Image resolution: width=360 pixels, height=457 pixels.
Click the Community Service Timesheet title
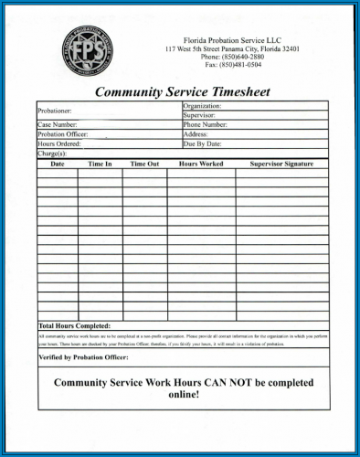tap(183, 91)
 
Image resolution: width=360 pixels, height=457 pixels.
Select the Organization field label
tap(203, 106)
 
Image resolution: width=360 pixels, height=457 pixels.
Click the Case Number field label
tap(58, 124)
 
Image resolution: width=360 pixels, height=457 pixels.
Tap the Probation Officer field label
tap(62, 134)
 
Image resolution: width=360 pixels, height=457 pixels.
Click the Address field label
tap(196, 134)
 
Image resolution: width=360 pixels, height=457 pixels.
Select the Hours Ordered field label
tap(59, 143)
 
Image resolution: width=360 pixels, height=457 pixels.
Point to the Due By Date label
tap(203, 143)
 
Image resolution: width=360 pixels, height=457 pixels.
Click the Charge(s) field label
tap(52, 154)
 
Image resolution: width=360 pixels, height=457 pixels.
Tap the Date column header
tap(57, 164)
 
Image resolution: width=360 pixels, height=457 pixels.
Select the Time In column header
tap(100, 164)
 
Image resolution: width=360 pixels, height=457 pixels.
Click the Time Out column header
tap(144, 164)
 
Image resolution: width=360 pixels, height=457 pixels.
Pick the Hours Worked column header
tap(201, 164)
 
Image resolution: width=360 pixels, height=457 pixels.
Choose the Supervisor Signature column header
tap(281, 164)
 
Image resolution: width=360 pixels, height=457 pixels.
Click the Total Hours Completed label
tap(75, 325)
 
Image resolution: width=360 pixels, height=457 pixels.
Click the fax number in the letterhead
tap(233, 66)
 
